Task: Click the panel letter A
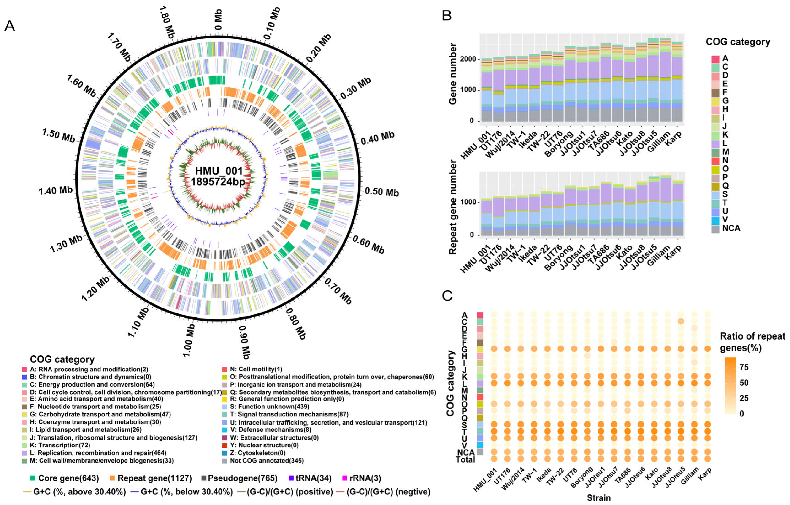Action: point(10,26)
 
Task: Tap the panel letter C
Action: point(447,296)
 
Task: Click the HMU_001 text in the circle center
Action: point(219,171)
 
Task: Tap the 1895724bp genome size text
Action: point(218,182)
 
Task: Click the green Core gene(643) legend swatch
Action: point(32,478)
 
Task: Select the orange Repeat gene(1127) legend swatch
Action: point(112,478)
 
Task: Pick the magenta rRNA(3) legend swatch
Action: point(344,478)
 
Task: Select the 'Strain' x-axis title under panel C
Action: point(599,498)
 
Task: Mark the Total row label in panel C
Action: point(465,460)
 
